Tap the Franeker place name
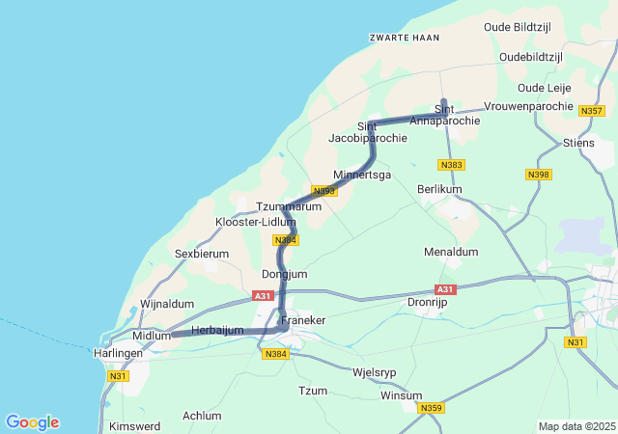[x=303, y=319]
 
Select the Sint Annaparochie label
[x=444, y=115]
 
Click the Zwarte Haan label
[x=404, y=38]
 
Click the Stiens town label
[x=578, y=144]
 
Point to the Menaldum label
[x=451, y=252]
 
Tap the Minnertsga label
[x=362, y=175]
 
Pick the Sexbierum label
[x=202, y=254]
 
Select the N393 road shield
[x=324, y=191]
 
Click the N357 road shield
[x=592, y=112]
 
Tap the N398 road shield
[x=539, y=175]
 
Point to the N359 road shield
[x=431, y=409]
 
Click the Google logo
[x=32, y=422]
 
